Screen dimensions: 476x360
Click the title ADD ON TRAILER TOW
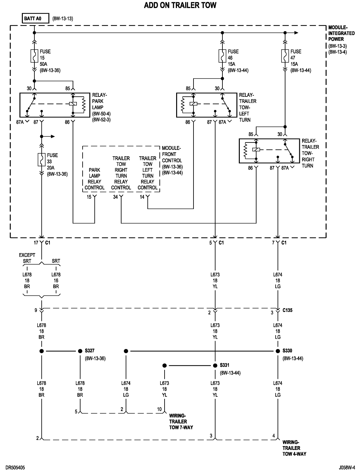(x=180, y=5)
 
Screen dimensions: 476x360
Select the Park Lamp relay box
(x=55, y=105)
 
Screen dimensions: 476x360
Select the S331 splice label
(x=225, y=365)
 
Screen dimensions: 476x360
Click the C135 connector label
(x=288, y=311)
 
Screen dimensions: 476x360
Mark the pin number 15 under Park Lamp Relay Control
(x=89, y=197)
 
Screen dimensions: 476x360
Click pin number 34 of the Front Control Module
(x=115, y=197)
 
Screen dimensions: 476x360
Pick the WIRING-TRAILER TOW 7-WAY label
(x=181, y=421)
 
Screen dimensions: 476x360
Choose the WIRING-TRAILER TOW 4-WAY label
(x=294, y=448)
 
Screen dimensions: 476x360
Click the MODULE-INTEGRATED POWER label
(x=341, y=33)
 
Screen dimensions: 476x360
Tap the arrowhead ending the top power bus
(x=296, y=32)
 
